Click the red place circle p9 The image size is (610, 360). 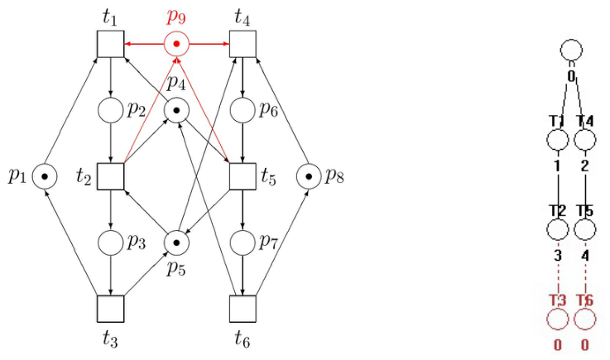click(x=176, y=44)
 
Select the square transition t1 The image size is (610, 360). click(x=110, y=44)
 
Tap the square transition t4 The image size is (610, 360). click(x=243, y=44)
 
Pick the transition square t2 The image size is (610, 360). click(x=110, y=176)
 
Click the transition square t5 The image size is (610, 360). click(x=243, y=176)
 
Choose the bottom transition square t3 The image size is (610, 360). click(x=110, y=309)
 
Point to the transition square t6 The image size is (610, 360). click(x=243, y=309)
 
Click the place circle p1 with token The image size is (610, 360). click(x=45, y=176)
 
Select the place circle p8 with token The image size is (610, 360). click(x=309, y=176)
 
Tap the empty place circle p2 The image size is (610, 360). click(x=110, y=110)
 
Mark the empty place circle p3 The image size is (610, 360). click(x=110, y=242)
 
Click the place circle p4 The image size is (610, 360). click(x=176, y=110)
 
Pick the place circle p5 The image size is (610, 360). click(x=176, y=242)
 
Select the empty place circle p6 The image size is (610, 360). click(x=243, y=110)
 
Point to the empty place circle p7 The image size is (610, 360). click(x=243, y=242)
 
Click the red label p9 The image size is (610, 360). click(x=176, y=17)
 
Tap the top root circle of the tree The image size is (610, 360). click(x=571, y=50)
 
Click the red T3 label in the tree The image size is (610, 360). click(x=558, y=300)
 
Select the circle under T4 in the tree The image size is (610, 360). click(x=584, y=139)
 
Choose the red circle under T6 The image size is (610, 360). click(x=584, y=319)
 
